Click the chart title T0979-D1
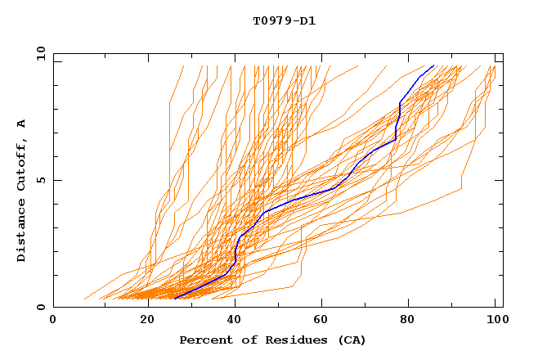[x=284, y=21]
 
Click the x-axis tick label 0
[x=53, y=321]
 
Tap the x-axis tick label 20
[x=147, y=321]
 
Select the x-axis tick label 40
[x=235, y=321]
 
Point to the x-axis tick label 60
[x=324, y=321]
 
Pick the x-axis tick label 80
[x=412, y=321]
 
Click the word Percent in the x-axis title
[x=204, y=340]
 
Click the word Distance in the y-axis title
[x=22, y=232]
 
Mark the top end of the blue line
[x=433, y=65]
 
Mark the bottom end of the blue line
[x=175, y=299]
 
